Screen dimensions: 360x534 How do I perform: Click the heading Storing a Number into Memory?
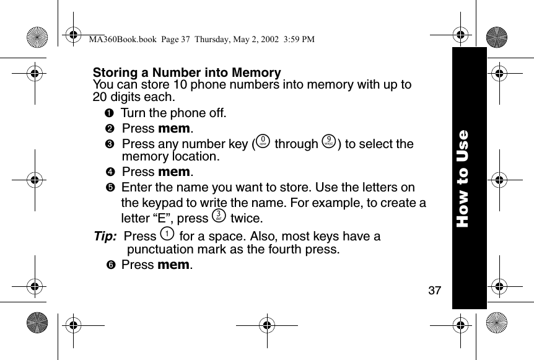(x=186, y=73)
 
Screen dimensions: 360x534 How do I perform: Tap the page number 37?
(x=435, y=290)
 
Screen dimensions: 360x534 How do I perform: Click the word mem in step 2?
(x=175, y=129)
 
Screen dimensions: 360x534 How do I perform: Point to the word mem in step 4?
(x=175, y=172)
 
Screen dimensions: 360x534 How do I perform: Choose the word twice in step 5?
(x=246, y=219)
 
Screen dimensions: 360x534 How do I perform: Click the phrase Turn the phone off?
(x=173, y=113)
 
